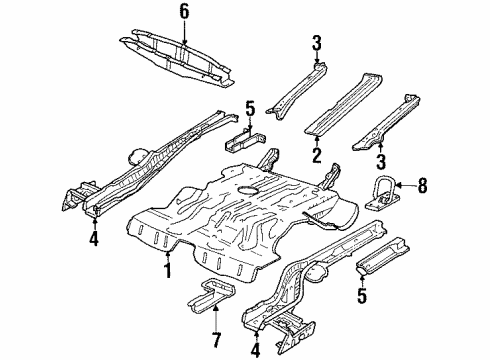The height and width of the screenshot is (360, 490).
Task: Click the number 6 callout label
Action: pos(183,11)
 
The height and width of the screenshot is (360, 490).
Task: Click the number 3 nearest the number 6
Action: pos(315,43)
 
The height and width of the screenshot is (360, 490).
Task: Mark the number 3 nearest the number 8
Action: pos(378,160)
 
